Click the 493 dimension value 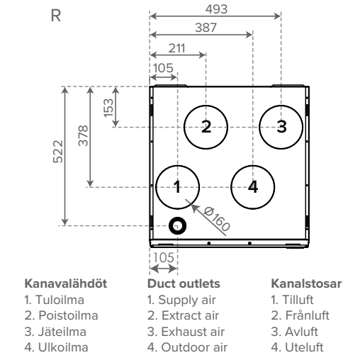216,9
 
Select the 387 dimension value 206,28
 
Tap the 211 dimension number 176,48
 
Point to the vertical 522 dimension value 58,152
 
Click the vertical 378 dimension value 83,136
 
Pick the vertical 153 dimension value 108,108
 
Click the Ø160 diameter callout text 217,219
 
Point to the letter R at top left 56,16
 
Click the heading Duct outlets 184,283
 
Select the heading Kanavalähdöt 66,283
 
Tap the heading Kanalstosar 306,283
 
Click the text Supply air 187,300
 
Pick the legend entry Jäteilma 62,332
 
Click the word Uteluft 304,347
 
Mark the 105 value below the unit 164,258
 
